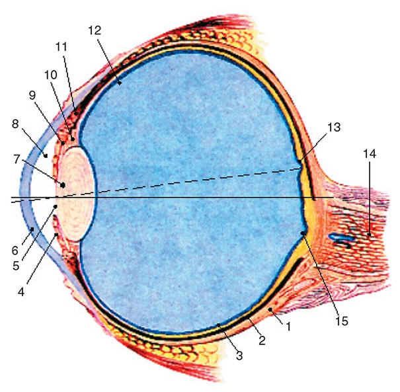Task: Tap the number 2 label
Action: [262, 341]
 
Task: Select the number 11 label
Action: [61, 47]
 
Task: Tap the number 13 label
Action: [333, 128]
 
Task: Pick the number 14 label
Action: [368, 153]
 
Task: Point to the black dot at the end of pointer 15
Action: [303, 233]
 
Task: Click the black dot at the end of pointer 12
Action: [120, 83]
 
